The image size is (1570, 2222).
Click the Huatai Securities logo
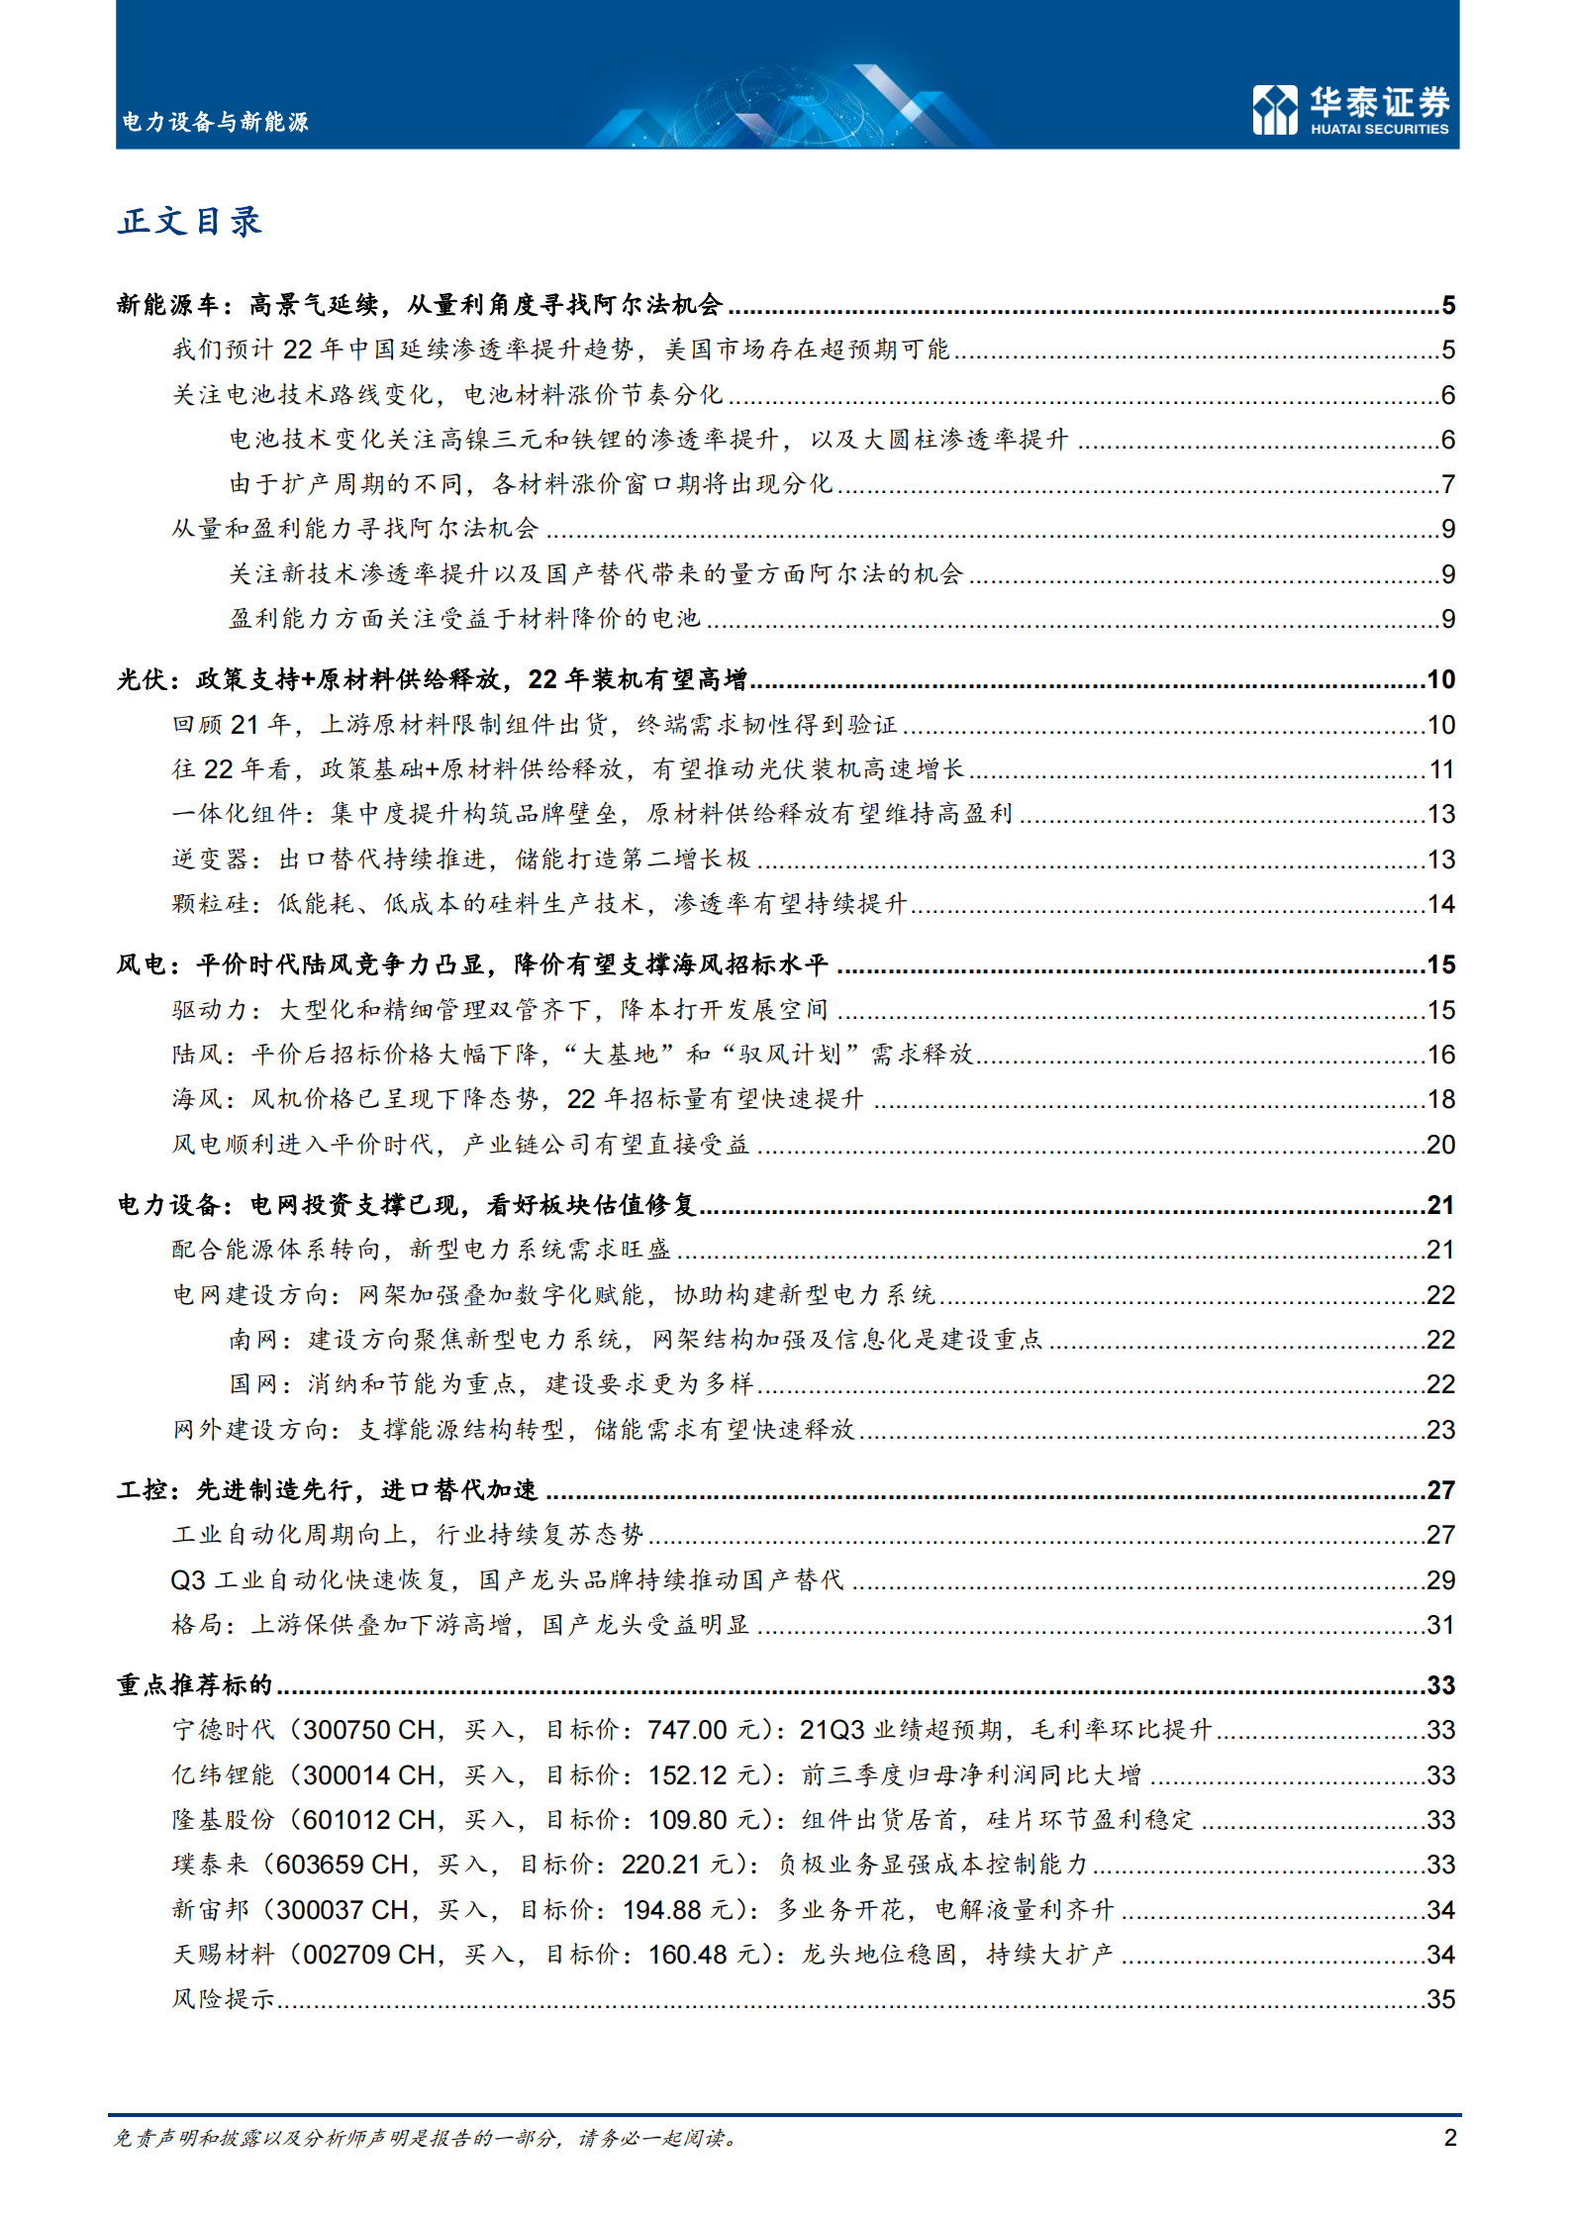point(1350,109)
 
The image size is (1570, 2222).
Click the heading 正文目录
point(190,221)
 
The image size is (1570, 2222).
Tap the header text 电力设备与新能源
point(215,122)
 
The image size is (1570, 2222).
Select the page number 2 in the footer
point(1449,2137)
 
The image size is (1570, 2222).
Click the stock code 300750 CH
point(368,1730)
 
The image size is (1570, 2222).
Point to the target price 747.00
point(687,1730)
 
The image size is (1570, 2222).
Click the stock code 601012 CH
point(368,1819)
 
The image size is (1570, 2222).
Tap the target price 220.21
point(660,1865)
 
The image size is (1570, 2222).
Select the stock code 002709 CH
point(368,1954)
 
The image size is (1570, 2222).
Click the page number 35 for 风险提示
point(1440,1999)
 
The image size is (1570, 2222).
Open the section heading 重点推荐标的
point(194,1685)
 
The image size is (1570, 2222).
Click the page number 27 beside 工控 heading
point(1440,1490)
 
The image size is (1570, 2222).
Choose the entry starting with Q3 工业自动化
point(507,1579)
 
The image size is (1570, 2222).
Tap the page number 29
point(1440,1579)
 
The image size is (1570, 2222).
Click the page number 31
point(1440,1625)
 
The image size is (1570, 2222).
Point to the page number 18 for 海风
point(1440,1099)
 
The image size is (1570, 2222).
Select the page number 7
point(1448,484)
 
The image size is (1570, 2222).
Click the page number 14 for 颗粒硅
point(1440,904)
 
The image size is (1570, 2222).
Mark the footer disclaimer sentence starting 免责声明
point(426,2138)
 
